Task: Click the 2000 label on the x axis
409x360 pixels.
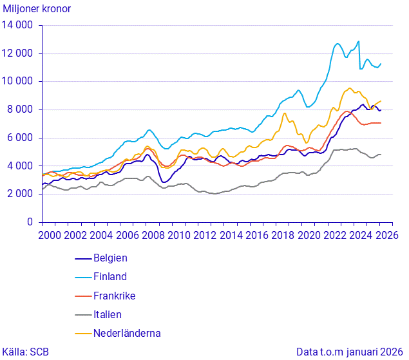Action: point(50,236)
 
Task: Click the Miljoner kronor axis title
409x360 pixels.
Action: point(37,9)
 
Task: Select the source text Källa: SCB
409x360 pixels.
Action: point(26,352)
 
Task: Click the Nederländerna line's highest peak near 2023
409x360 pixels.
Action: point(350,88)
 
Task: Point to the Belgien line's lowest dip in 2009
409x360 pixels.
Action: point(165,182)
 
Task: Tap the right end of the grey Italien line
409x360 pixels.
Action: point(381,155)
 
